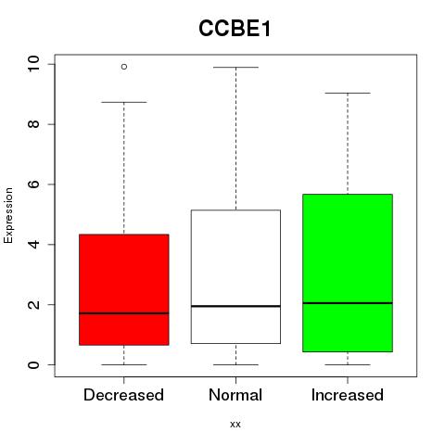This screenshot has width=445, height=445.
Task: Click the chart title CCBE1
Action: pyautogui.click(x=235, y=29)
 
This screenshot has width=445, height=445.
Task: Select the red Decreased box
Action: pyautogui.click(x=124, y=289)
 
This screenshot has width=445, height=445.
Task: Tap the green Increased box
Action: pyautogui.click(x=348, y=273)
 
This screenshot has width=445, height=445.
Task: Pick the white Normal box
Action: pyautogui.click(x=235, y=276)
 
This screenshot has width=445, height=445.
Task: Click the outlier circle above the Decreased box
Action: pyautogui.click(x=124, y=67)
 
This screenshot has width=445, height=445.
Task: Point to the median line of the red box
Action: pyautogui.click(x=124, y=313)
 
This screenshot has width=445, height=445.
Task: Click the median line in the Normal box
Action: pyautogui.click(x=235, y=306)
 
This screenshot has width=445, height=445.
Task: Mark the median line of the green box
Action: pyautogui.click(x=348, y=303)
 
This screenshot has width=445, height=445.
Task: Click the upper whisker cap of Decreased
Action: pyautogui.click(x=124, y=102)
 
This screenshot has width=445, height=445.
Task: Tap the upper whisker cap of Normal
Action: pyautogui.click(x=235, y=67)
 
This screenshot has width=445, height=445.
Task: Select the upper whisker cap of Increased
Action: pyautogui.click(x=348, y=93)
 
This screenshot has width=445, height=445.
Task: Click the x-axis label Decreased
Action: pyautogui.click(x=123, y=395)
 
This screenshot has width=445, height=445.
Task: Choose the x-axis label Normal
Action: pyautogui.click(x=235, y=395)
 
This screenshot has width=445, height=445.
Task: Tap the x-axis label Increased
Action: pyautogui.click(x=348, y=395)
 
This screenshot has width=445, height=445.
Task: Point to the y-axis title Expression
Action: pyautogui.click(x=8, y=215)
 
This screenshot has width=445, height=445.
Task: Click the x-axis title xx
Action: pyautogui.click(x=235, y=425)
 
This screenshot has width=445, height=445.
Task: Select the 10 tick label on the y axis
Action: pyautogui.click(x=33, y=64)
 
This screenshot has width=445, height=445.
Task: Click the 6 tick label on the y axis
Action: pyautogui.click(x=33, y=184)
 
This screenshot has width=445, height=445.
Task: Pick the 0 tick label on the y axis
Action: pyautogui.click(x=33, y=364)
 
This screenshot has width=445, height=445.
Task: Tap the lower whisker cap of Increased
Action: pyautogui.click(x=348, y=364)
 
